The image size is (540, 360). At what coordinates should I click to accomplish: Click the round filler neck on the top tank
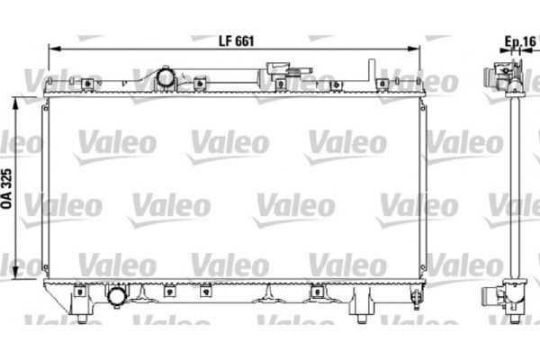pyautogui.click(x=166, y=78)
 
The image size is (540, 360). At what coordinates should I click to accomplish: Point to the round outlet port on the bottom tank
pyautogui.click(x=117, y=296)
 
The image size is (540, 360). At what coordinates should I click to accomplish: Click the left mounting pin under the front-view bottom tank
pyautogui.click(x=82, y=316)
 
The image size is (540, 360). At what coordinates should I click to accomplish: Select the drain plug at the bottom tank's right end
pyautogui.click(x=415, y=297)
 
